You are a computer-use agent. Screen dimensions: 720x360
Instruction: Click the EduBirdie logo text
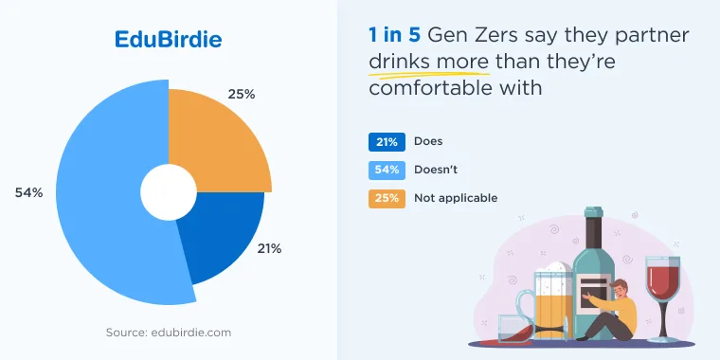click(x=168, y=40)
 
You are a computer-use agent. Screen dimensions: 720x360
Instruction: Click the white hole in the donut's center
click(x=169, y=192)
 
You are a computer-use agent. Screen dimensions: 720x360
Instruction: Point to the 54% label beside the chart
click(x=29, y=193)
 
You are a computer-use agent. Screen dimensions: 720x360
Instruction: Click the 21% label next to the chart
click(x=269, y=249)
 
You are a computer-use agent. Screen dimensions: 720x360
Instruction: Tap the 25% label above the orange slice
click(x=242, y=94)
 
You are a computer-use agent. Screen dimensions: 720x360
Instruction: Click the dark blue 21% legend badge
click(x=387, y=142)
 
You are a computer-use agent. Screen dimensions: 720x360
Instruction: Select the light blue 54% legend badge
click(x=387, y=171)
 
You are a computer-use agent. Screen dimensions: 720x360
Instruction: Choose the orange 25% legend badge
click(x=387, y=199)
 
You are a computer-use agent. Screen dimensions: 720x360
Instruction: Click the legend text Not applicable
click(x=456, y=198)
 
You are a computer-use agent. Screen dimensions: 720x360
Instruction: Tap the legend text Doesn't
click(x=436, y=170)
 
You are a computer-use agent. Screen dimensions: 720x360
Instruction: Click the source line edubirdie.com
click(x=169, y=332)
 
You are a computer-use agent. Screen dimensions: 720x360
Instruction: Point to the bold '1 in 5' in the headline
click(x=394, y=35)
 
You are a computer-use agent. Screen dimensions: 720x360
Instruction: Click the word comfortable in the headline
click(x=430, y=88)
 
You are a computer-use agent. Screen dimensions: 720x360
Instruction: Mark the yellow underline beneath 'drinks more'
click(x=429, y=74)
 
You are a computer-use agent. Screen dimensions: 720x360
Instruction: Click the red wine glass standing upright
click(x=662, y=299)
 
